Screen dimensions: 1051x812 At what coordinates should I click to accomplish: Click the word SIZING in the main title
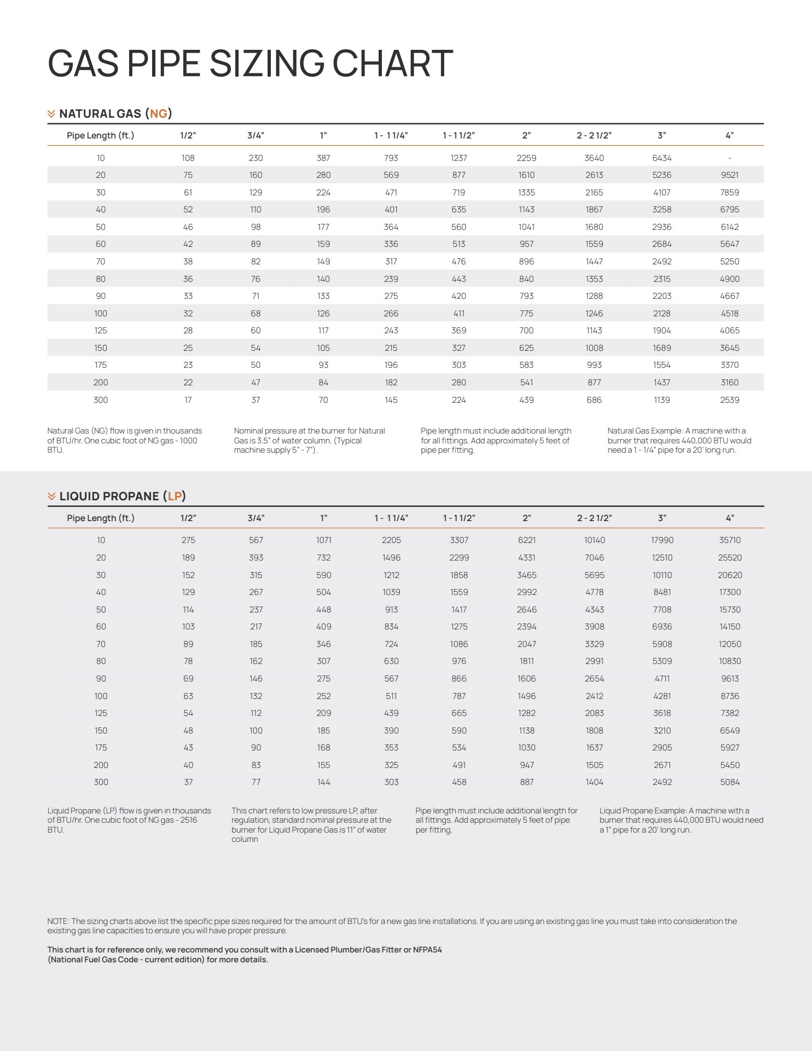[x=267, y=63]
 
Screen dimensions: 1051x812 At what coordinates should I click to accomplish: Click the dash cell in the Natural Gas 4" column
[x=729, y=158]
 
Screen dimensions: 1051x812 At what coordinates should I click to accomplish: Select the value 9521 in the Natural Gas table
[x=729, y=175]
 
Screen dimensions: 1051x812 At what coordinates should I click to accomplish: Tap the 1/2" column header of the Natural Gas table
[x=188, y=135]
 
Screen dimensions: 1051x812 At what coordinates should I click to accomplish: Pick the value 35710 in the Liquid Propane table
[x=729, y=540]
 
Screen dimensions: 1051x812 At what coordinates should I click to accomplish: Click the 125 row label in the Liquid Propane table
[x=101, y=713]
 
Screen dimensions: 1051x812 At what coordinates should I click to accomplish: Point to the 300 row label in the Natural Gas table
[x=101, y=400]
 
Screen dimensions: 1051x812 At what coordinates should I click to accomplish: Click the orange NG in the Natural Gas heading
[x=159, y=114]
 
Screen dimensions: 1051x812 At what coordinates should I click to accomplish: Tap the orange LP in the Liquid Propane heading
[x=175, y=496]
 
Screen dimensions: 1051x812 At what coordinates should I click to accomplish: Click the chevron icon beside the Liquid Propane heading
[x=51, y=496]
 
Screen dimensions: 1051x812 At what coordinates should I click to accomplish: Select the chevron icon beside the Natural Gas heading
[x=51, y=114]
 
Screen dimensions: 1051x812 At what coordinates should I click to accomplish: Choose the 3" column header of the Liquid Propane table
[x=662, y=518]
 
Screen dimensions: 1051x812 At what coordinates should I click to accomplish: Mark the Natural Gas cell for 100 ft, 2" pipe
[x=526, y=314]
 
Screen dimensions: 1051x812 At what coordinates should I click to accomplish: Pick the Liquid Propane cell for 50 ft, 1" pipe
[x=323, y=610]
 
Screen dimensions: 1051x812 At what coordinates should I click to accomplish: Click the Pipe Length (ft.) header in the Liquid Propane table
[x=101, y=518]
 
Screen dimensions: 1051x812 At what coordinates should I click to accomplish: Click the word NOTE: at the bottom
[x=58, y=921]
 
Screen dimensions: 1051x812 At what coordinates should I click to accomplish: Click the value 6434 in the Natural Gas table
[x=662, y=158]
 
